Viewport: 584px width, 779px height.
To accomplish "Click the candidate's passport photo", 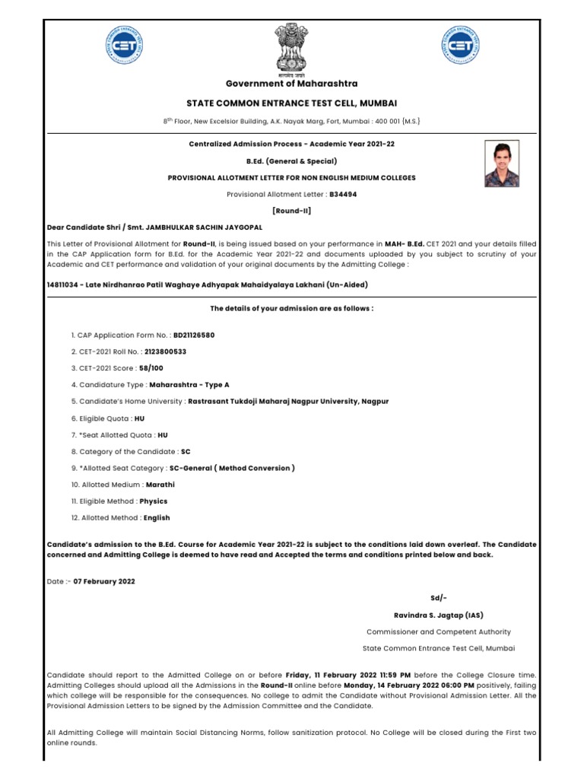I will [503, 164].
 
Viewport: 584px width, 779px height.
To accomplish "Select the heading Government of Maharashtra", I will [292, 84].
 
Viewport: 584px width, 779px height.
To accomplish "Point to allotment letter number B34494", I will [343, 194].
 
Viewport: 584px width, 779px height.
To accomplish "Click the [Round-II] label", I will [292, 210].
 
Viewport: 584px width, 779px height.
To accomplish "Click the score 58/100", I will [152, 368].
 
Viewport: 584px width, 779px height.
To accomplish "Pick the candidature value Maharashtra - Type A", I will [189, 385].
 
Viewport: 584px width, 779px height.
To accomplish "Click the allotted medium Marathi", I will [160, 484].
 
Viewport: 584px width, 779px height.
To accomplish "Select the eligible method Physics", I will [153, 501].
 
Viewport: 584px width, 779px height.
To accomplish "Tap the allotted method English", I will [157, 518].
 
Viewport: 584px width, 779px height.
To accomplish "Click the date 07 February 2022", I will [104, 581].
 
